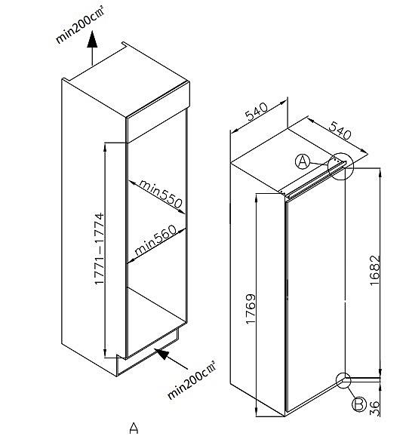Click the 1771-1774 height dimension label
point(100,248)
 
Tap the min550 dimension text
point(161,193)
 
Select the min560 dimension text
point(155,240)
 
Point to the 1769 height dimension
point(251,309)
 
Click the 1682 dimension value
point(375,270)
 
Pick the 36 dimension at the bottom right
point(375,408)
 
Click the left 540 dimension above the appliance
point(257,111)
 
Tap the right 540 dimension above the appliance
point(340,130)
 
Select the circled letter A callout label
point(303,162)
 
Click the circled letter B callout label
point(359,404)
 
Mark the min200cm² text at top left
point(80,26)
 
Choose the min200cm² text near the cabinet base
point(192,380)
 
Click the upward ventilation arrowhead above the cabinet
point(92,39)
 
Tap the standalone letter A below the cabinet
point(134,428)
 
